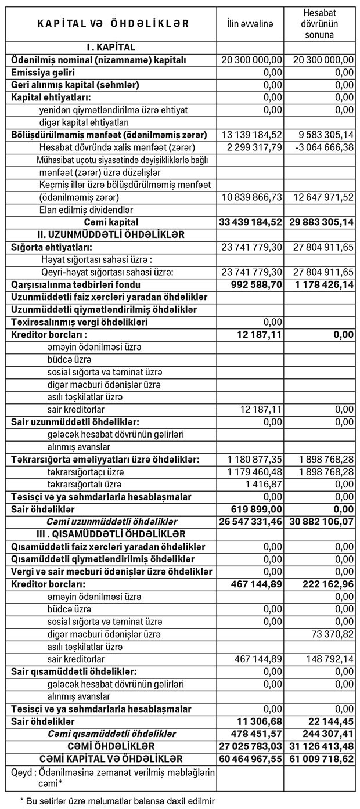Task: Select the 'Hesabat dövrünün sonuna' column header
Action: [x=321, y=23]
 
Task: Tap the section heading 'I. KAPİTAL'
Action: [x=110, y=48]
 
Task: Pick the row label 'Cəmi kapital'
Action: [x=110, y=222]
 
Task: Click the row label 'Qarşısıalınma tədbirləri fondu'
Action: [x=76, y=285]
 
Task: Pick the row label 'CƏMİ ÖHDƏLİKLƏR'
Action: [x=111, y=746]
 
